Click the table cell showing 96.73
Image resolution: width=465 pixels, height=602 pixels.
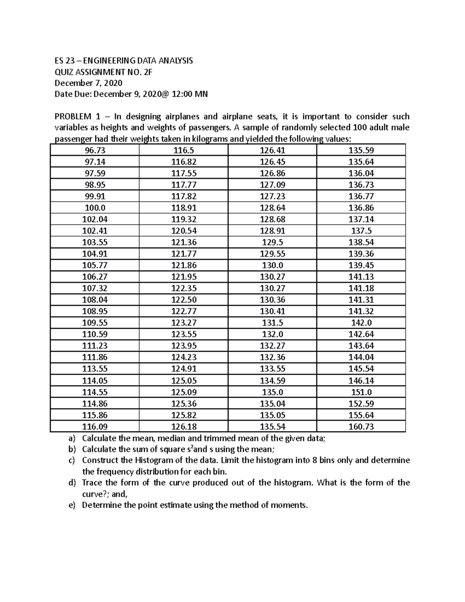coord(95,150)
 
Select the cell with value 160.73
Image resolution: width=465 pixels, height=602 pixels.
coord(361,427)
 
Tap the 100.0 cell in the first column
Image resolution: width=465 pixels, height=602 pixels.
coord(95,208)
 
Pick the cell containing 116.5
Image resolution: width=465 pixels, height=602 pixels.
coord(184,150)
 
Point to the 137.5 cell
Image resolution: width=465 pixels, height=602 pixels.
coord(361,231)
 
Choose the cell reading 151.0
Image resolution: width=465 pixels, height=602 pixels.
coord(361,392)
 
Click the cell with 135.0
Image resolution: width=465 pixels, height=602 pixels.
coord(272,392)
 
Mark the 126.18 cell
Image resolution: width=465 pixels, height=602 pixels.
coord(184,427)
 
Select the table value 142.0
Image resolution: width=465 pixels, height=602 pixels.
coord(361,323)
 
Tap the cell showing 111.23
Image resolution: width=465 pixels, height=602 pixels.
coord(95,346)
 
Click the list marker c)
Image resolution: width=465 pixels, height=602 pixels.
coord(71,461)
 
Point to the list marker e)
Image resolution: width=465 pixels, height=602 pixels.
coord(71,505)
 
